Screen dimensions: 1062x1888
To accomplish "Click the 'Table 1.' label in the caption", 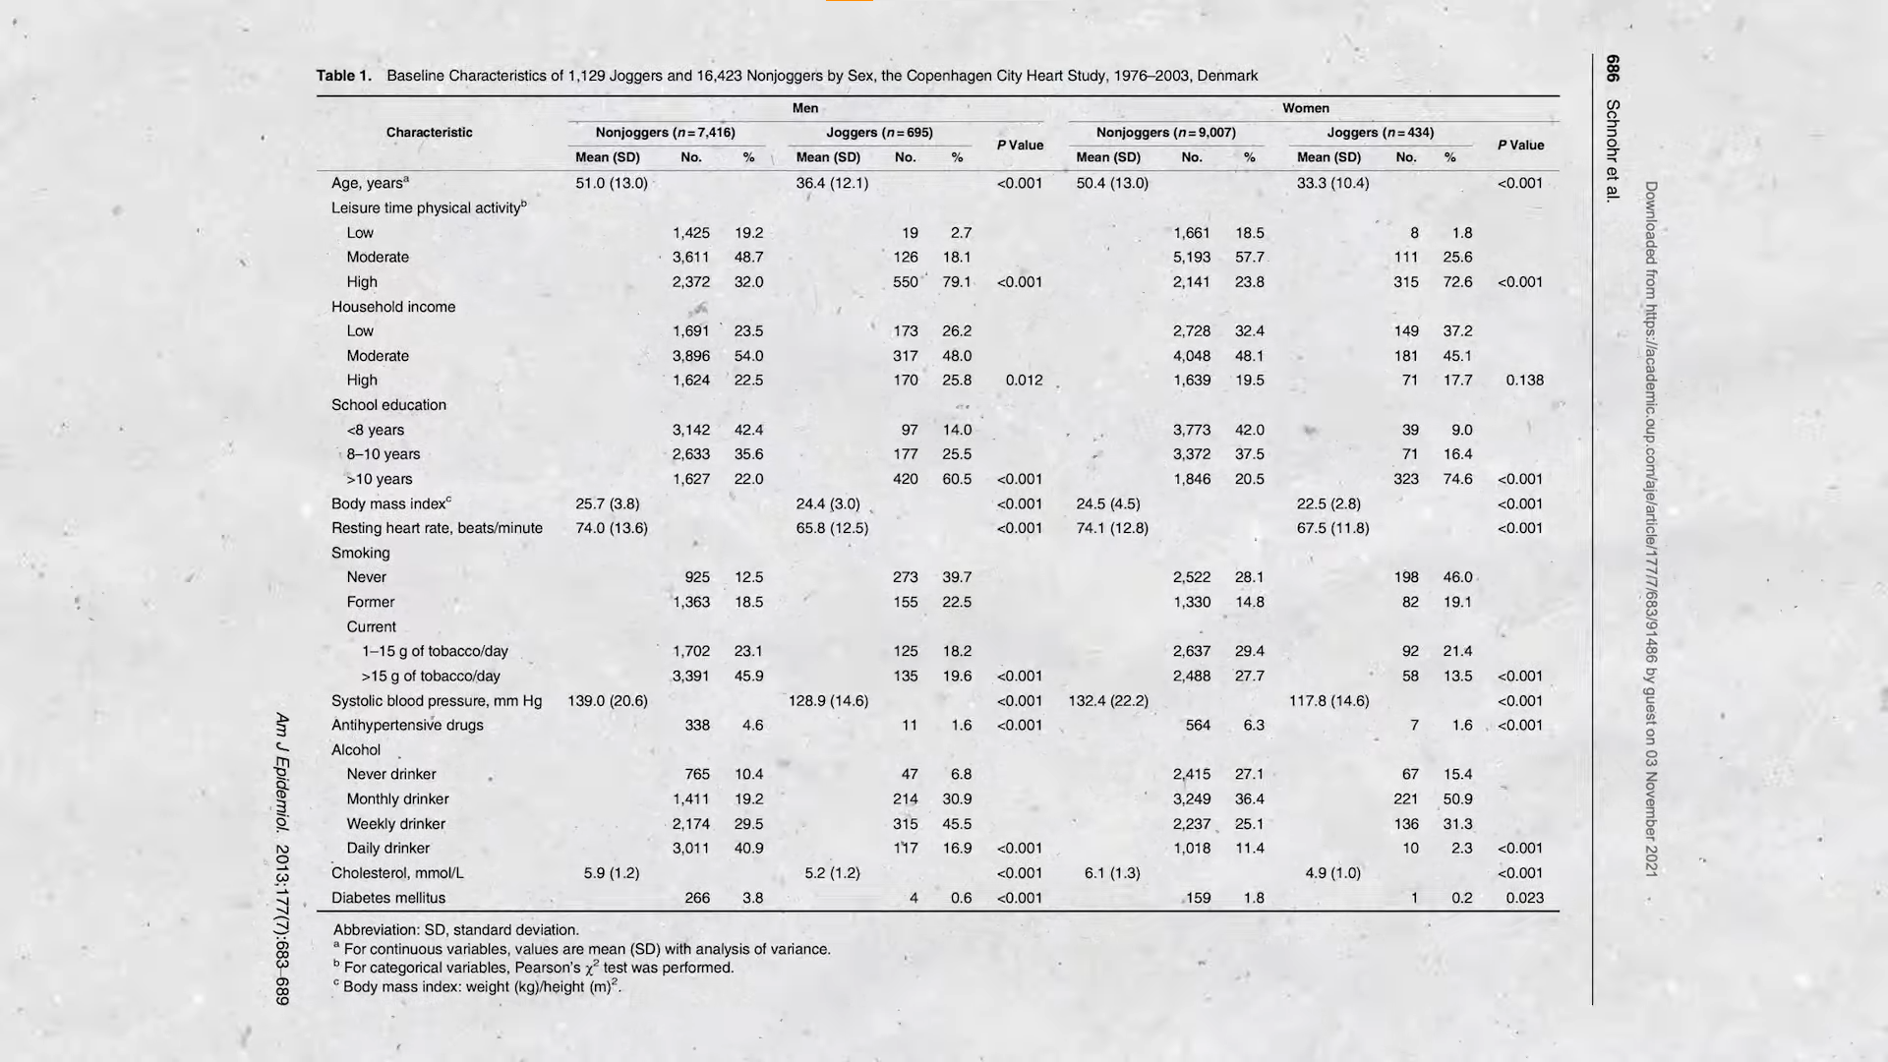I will pos(343,76).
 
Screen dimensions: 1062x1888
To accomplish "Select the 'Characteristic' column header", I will pos(429,133).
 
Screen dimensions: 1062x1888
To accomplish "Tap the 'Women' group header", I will pos(1305,108).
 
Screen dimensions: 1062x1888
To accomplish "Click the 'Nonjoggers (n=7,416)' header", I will pos(665,133).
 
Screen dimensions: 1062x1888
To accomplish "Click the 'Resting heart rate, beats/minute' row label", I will pos(437,528).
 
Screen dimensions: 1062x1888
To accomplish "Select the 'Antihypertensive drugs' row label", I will pos(407,726).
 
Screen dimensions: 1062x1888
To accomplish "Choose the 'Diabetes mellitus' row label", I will pos(388,898).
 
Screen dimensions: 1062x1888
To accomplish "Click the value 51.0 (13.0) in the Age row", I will pos(611,183).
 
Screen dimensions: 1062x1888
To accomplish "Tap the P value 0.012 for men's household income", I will pos(1024,381).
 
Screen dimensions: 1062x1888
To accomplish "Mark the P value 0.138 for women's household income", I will pos(1524,381).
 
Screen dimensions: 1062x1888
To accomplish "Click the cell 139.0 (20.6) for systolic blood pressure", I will pos(607,701).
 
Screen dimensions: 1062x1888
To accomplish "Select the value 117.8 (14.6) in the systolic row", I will pos(1328,701).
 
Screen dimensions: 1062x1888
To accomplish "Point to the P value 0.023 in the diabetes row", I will pos(1524,898).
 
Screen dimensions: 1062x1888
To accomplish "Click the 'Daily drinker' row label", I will pos(387,849).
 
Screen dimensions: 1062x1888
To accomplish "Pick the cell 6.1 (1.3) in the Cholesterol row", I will pos(1112,873).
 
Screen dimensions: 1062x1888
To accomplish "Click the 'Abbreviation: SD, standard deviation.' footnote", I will pos(456,930).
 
